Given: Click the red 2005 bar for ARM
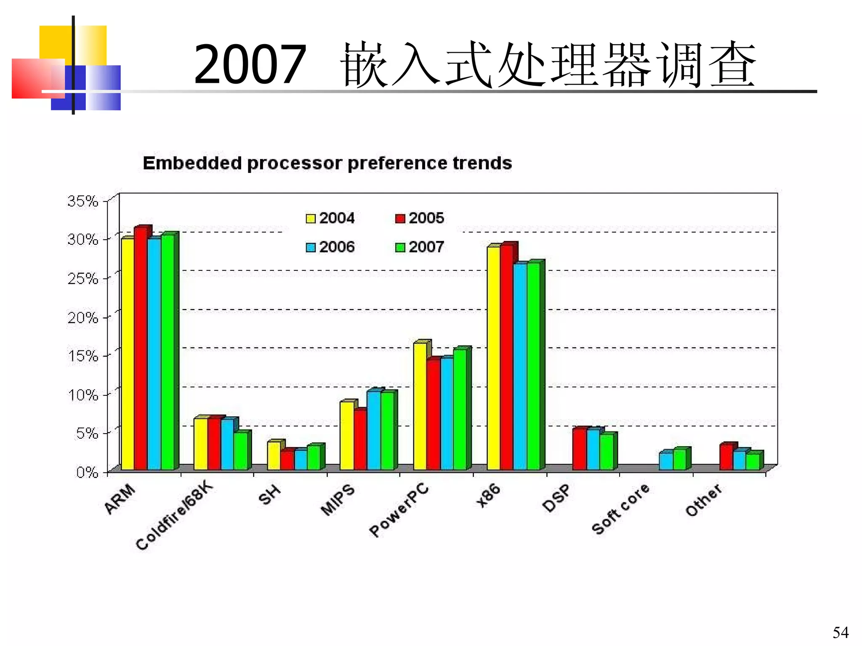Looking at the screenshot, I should tap(141, 349).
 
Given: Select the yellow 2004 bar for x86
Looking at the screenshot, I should tap(493, 357).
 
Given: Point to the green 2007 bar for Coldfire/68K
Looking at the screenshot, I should tap(241, 450).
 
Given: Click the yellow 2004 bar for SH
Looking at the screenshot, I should tap(274, 455).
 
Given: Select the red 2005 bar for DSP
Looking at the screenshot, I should tap(579, 449).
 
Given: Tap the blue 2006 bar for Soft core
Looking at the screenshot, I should tap(665, 461).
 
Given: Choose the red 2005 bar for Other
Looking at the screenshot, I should tap(726, 457).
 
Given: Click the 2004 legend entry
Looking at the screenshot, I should tap(330, 218).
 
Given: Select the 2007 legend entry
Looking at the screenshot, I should tap(420, 247).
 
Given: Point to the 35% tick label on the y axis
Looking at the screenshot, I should tap(82, 201).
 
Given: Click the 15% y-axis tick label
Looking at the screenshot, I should tap(82, 356).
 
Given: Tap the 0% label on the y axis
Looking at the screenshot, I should tap(87, 472).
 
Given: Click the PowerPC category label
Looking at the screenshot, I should tap(399, 511).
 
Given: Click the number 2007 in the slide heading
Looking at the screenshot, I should tap(250, 65).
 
